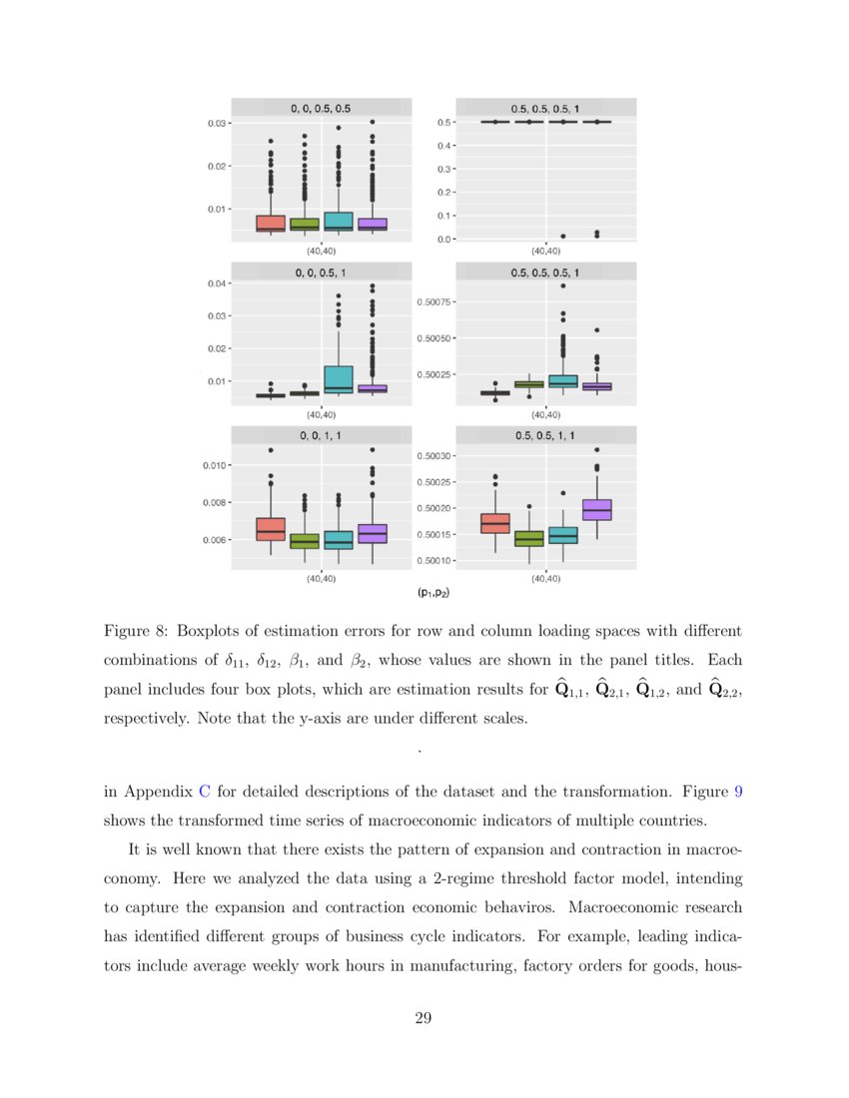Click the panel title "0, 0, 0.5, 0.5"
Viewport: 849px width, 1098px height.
tap(321, 107)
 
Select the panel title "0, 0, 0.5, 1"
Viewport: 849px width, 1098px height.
tap(321, 272)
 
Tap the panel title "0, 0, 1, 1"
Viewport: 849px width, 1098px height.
tap(321, 435)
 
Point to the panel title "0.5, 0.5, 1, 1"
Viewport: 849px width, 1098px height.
tap(544, 435)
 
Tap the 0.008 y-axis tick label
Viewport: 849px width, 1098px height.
tap(214, 503)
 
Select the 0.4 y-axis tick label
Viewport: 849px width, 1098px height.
tap(445, 146)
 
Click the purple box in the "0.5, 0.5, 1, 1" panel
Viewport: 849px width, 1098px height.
tap(596, 509)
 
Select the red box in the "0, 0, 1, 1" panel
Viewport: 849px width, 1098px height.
tap(271, 529)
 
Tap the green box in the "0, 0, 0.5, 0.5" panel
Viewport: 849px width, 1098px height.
tap(305, 225)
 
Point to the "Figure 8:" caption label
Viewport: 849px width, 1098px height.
tap(136, 632)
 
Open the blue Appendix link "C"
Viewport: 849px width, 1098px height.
tap(205, 792)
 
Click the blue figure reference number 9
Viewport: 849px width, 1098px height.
tap(738, 792)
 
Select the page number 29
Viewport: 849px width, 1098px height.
tap(424, 1018)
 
